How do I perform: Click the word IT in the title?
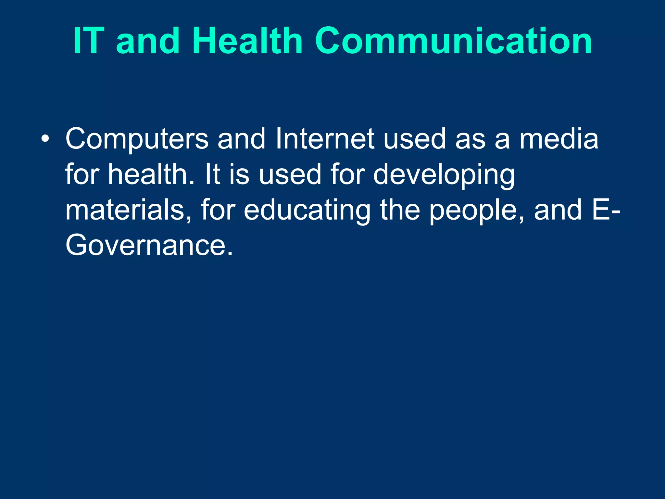click(89, 41)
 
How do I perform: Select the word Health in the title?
click(247, 41)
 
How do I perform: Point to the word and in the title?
click(148, 41)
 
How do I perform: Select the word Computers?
click(137, 139)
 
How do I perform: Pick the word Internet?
click(325, 139)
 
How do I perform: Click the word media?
click(559, 139)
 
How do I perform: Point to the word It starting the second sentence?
click(213, 174)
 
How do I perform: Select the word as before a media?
click(470, 139)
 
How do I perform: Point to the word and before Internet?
click(242, 139)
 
